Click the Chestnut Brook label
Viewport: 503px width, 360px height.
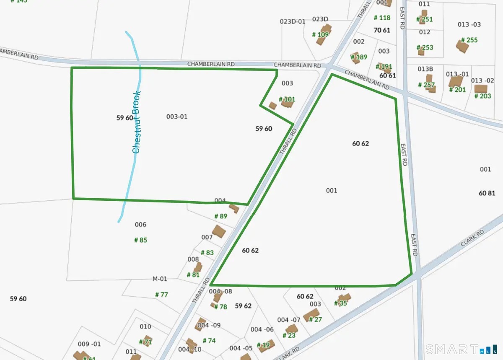(x=136, y=122)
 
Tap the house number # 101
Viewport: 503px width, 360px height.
(x=287, y=99)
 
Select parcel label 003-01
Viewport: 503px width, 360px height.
(x=177, y=117)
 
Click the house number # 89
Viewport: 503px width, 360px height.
(x=220, y=216)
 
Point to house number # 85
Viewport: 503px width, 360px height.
(x=140, y=240)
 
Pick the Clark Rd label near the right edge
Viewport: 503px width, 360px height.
(x=472, y=238)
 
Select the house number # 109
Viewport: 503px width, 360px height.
(x=321, y=35)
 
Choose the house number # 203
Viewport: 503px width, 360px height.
(x=482, y=96)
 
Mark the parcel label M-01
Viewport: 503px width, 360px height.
(x=160, y=279)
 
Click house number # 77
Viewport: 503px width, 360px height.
(x=161, y=295)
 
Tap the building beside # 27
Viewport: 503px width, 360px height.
(x=311, y=315)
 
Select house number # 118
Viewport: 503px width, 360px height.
(x=382, y=18)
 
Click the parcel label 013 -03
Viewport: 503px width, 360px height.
(x=469, y=24)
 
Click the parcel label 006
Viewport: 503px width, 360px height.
(x=140, y=225)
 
